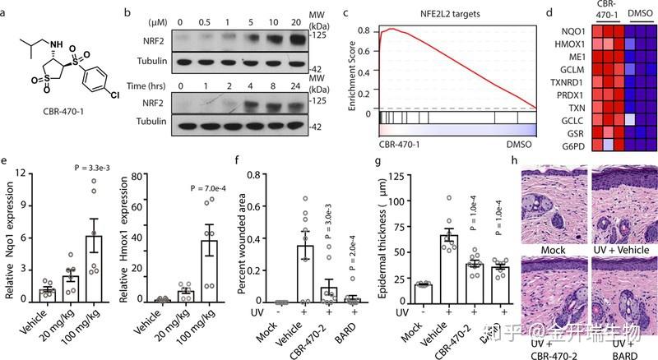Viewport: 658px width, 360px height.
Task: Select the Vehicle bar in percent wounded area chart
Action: coord(305,274)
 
